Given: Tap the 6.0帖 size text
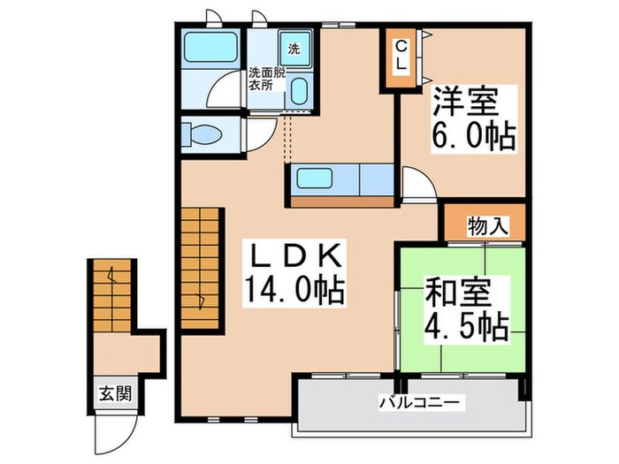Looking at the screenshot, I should pyautogui.click(x=473, y=136).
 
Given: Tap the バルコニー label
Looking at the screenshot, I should pyautogui.click(x=420, y=403).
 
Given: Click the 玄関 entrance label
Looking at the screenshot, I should pyautogui.click(x=115, y=393).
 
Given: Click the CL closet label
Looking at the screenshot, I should pyautogui.click(x=400, y=56).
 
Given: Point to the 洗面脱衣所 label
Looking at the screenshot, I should pyautogui.click(x=266, y=79).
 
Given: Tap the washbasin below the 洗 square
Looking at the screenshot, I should pyautogui.click(x=298, y=91).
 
